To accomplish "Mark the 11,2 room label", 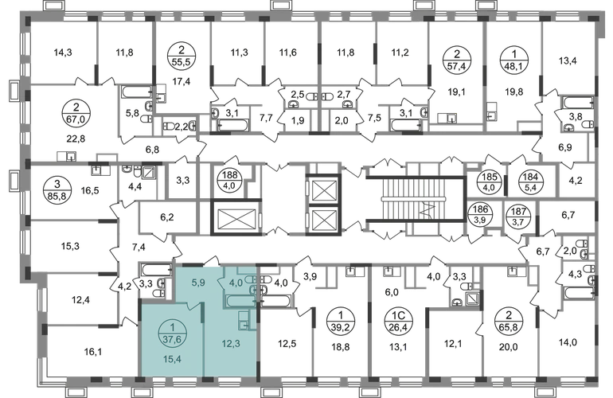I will point(400,54).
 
